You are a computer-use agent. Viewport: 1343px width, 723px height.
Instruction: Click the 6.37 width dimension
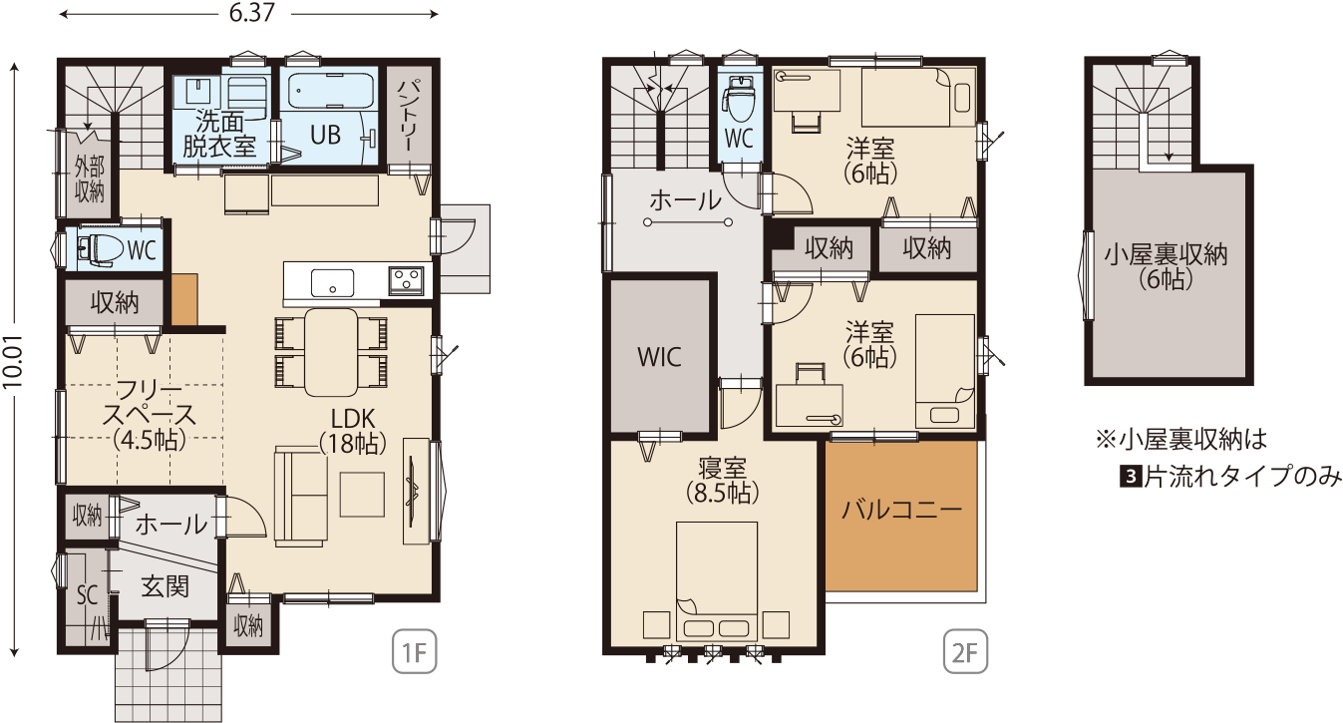tap(252, 13)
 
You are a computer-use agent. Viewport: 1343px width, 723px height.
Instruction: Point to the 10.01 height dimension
tap(13, 361)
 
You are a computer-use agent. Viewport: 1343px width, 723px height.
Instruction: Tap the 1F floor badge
tap(415, 651)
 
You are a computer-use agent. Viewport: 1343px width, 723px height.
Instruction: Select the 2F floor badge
tap(965, 651)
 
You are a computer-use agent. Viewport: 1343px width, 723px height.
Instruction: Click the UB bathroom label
tap(326, 136)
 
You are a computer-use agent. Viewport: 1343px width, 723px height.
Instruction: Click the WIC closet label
tap(659, 357)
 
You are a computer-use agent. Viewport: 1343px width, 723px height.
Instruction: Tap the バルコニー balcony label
tap(901, 511)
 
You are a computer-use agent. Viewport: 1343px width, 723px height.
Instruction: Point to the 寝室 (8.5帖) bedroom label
tap(723, 480)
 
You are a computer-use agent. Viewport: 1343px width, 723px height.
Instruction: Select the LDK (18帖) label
tap(353, 431)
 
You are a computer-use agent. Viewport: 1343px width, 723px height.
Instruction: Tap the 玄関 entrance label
tap(165, 585)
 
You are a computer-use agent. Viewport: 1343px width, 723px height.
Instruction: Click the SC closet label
tap(88, 595)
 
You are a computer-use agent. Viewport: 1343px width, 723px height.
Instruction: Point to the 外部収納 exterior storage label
tap(90, 179)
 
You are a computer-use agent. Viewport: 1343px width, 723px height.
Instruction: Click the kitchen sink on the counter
tap(332, 283)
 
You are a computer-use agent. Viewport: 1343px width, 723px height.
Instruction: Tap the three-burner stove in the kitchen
tap(406, 280)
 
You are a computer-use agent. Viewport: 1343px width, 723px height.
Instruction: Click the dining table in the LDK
tap(331, 352)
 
